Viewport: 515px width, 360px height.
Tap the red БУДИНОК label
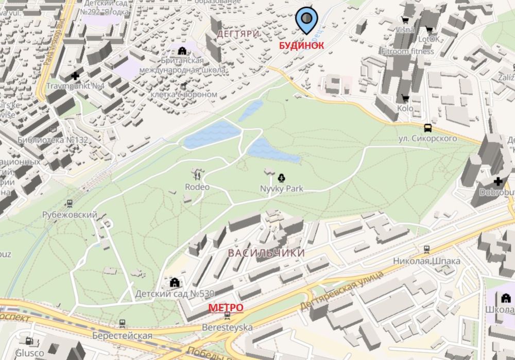tap(301, 45)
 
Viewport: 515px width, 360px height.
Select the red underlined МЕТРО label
tap(226, 307)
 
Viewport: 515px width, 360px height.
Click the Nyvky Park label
tap(281, 189)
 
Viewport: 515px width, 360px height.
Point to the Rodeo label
tap(197, 187)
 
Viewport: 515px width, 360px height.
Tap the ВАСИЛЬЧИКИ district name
tap(266, 253)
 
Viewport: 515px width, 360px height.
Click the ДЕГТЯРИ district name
tap(237, 34)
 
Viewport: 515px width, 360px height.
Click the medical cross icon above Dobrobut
tap(498, 182)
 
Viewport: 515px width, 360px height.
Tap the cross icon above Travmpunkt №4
tap(76, 76)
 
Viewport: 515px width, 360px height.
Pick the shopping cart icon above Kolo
tap(405, 98)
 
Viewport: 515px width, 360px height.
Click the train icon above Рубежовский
tap(70, 204)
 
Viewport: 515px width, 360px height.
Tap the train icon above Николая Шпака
tap(426, 250)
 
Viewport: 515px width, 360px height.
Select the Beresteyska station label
tap(227, 328)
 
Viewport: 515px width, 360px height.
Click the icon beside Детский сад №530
tap(174, 282)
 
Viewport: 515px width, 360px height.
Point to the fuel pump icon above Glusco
tap(29, 341)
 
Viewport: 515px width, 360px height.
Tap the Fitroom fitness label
tap(407, 52)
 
